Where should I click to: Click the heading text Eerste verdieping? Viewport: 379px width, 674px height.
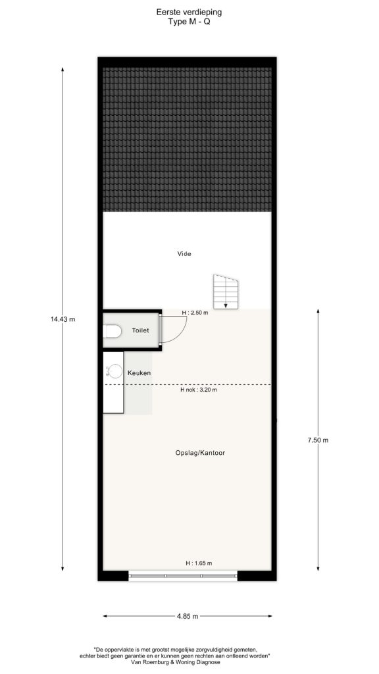point(189,13)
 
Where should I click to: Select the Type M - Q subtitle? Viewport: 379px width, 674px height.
point(189,22)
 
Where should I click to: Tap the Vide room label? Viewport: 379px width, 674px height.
point(184,253)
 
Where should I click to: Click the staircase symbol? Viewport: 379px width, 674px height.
point(226,292)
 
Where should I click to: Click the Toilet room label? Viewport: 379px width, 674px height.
point(141,330)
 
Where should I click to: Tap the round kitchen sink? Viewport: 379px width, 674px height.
point(116,371)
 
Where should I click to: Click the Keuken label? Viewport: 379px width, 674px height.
point(139,373)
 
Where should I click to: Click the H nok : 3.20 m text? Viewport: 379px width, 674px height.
point(199,390)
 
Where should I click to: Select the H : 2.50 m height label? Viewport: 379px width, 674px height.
point(195,313)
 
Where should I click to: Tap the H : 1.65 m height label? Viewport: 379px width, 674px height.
point(199,563)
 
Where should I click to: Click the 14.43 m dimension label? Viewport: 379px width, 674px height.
point(63,319)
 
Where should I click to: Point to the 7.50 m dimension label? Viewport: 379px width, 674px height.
point(318,440)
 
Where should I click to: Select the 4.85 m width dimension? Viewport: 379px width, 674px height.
point(188,616)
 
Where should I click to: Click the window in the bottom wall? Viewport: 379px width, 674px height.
point(183,575)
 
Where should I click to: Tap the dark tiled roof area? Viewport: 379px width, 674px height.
point(187,139)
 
